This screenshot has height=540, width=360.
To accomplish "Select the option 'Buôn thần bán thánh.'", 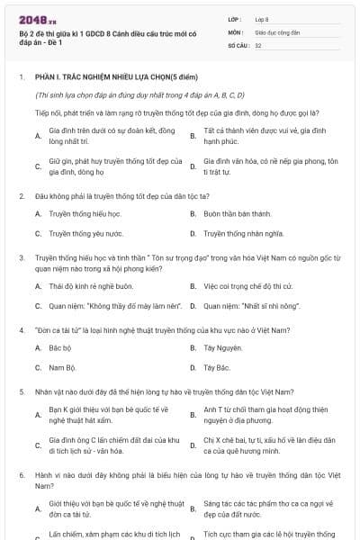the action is click(x=237, y=214).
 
